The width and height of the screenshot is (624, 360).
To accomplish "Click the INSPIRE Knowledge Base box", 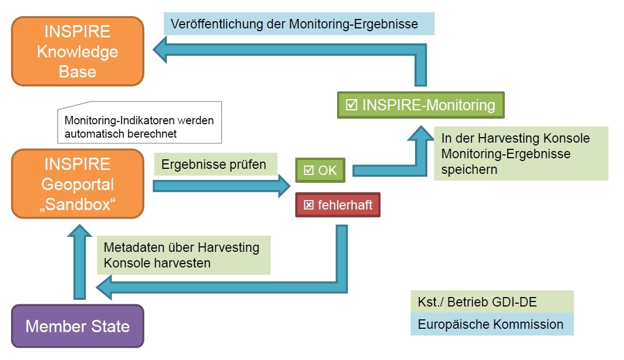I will [x=77, y=51].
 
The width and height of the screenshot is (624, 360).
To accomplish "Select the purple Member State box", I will [x=77, y=326].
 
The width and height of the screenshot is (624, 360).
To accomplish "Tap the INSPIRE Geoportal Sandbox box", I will [x=77, y=184].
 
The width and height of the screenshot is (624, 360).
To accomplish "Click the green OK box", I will [x=321, y=170].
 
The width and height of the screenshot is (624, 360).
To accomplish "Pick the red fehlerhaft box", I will [x=338, y=205].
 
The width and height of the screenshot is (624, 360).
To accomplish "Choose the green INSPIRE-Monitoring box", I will [x=421, y=105].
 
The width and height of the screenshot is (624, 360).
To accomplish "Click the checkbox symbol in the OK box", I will [x=308, y=170].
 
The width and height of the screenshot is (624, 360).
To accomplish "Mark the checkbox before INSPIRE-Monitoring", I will [x=352, y=105].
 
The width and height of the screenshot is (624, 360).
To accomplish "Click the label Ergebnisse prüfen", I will [x=214, y=164].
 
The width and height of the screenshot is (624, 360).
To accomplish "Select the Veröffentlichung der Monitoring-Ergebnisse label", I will [x=299, y=25].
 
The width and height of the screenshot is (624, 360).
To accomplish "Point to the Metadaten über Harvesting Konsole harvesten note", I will [x=183, y=255].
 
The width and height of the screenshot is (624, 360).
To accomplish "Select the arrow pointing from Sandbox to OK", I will [x=223, y=186].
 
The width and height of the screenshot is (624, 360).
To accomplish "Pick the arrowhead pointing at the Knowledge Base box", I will [x=162, y=52].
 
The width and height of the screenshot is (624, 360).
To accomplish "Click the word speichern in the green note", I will [x=466, y=169].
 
